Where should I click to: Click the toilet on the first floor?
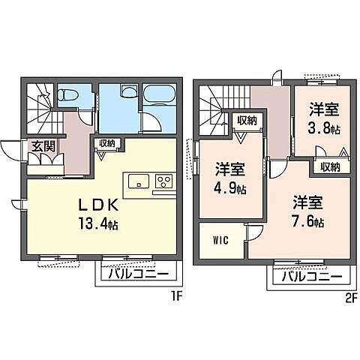(68, 96)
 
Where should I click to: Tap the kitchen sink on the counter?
(138, 182)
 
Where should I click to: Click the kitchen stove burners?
(163, 182)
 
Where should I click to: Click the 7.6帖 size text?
(308, 223)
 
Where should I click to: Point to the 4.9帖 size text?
(230, 187)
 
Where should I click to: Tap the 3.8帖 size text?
(323, 128)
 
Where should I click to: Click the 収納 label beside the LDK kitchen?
(106, 143)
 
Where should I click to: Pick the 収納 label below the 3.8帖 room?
(330, 166)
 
